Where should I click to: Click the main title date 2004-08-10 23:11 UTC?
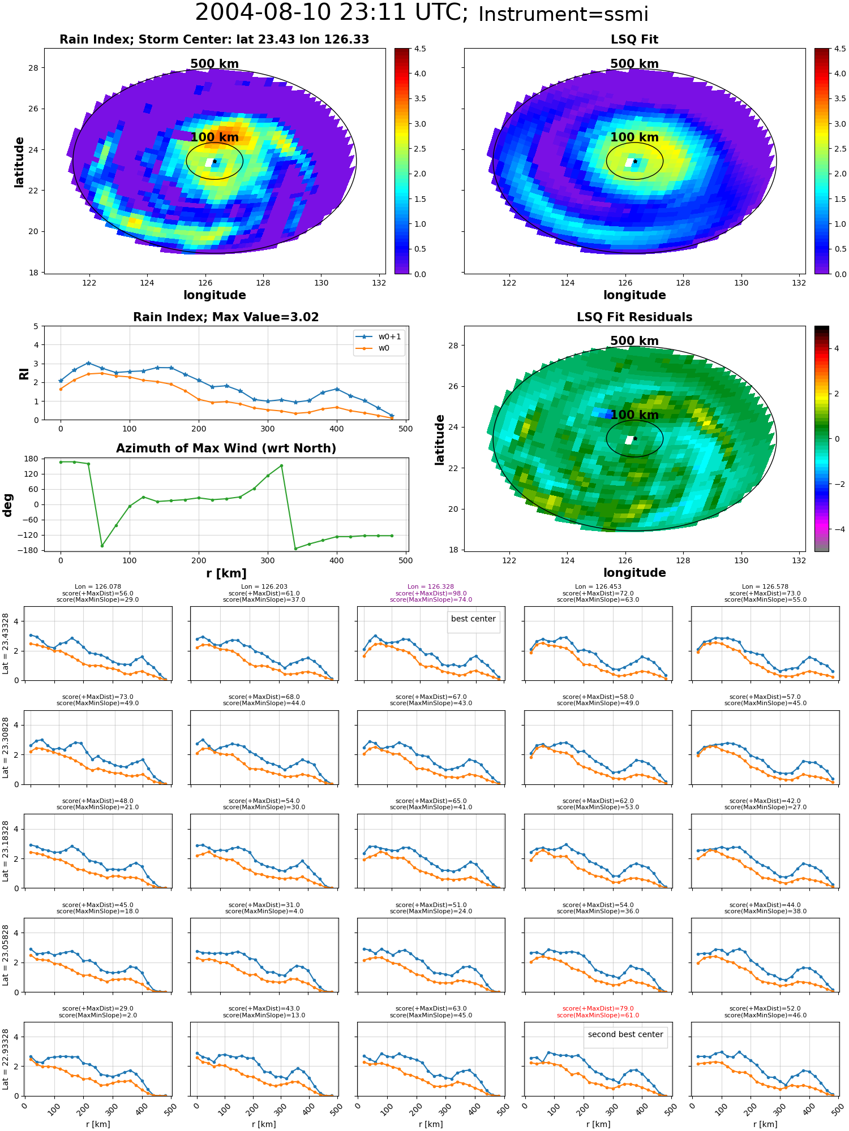[x=332, y=12]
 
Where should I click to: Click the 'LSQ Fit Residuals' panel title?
[x=634, y=317]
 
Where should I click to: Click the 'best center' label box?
[x=473, y=619]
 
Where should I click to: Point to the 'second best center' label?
[x=625, y=1034]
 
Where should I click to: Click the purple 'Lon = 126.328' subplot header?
[x=431, y=587]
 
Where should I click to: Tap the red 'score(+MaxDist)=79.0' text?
[x=598, y=1009]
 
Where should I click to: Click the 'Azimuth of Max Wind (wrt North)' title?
[x=226, y=448]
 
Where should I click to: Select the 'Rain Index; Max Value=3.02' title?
[x=226, y=317]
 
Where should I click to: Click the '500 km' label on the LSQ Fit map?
[x=634, y=64]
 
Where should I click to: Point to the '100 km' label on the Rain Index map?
[x=215, y=137]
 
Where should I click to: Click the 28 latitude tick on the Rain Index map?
[x=34, y=68]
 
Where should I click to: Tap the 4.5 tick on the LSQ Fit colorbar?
[x=841, y=49]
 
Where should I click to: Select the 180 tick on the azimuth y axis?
[x=32, y=459]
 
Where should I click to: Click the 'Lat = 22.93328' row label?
[x=6, y=1059]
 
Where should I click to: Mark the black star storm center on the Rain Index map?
[x=215, y=161]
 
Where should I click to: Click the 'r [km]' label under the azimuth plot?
[x=226, y=573]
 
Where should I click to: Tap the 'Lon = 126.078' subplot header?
[x=97, y=587]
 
